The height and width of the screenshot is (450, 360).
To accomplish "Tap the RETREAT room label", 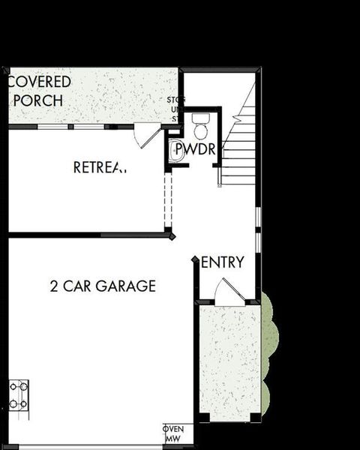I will pyautogui.click(x=100, y=167).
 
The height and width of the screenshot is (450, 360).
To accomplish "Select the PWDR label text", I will pyautogui.click(x=196, y=150).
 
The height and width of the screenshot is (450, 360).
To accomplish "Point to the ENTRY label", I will pyautogui.click(x=223, y=262).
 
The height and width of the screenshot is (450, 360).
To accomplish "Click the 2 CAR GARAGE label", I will pyautogui.click(x=103, y=286).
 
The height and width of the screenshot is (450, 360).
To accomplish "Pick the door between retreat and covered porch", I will pyautogui.click(x=147, y=136).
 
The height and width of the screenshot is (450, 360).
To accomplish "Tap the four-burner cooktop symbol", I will pyautogui.click(x=19, y=395).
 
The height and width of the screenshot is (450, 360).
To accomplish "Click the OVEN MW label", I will pyautogui.click(x=173, y=433).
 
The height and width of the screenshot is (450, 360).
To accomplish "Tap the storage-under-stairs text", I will pyautogui.click(x=176, y=109).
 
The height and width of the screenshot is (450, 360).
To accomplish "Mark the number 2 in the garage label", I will pyautogui.click(x=54, y=286).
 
